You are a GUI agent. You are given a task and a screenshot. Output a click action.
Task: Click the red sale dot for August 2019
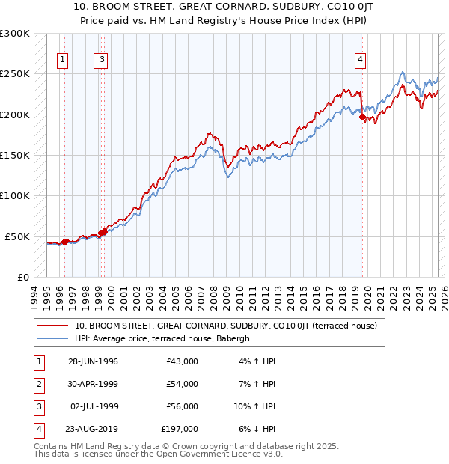(x=362, y=117)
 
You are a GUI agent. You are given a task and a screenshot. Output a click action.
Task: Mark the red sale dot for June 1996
(x=65, y=242)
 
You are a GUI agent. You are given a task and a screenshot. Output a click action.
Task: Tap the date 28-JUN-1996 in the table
(x=93, y=361)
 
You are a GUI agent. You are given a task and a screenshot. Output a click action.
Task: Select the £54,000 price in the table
(x=182, y=384)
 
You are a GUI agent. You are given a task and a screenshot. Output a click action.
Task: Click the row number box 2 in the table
(x=37, y=384)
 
